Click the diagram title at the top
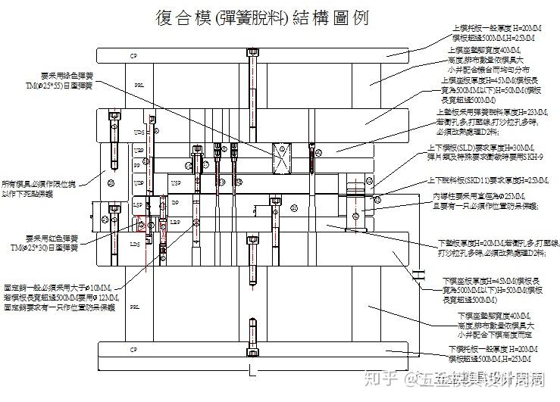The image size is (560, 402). (x=261, y=19)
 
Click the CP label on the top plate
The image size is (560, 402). (x=134, y=56)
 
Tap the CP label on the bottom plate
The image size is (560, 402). (x=134, y=350)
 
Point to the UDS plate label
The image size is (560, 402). (x=139, y=133)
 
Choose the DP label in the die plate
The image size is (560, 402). (x=175, y=204)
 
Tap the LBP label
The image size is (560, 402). (x=174, y=222)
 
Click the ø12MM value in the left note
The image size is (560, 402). (x=105, y=298)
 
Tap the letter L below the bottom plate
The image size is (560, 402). (x=252, y=372)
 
